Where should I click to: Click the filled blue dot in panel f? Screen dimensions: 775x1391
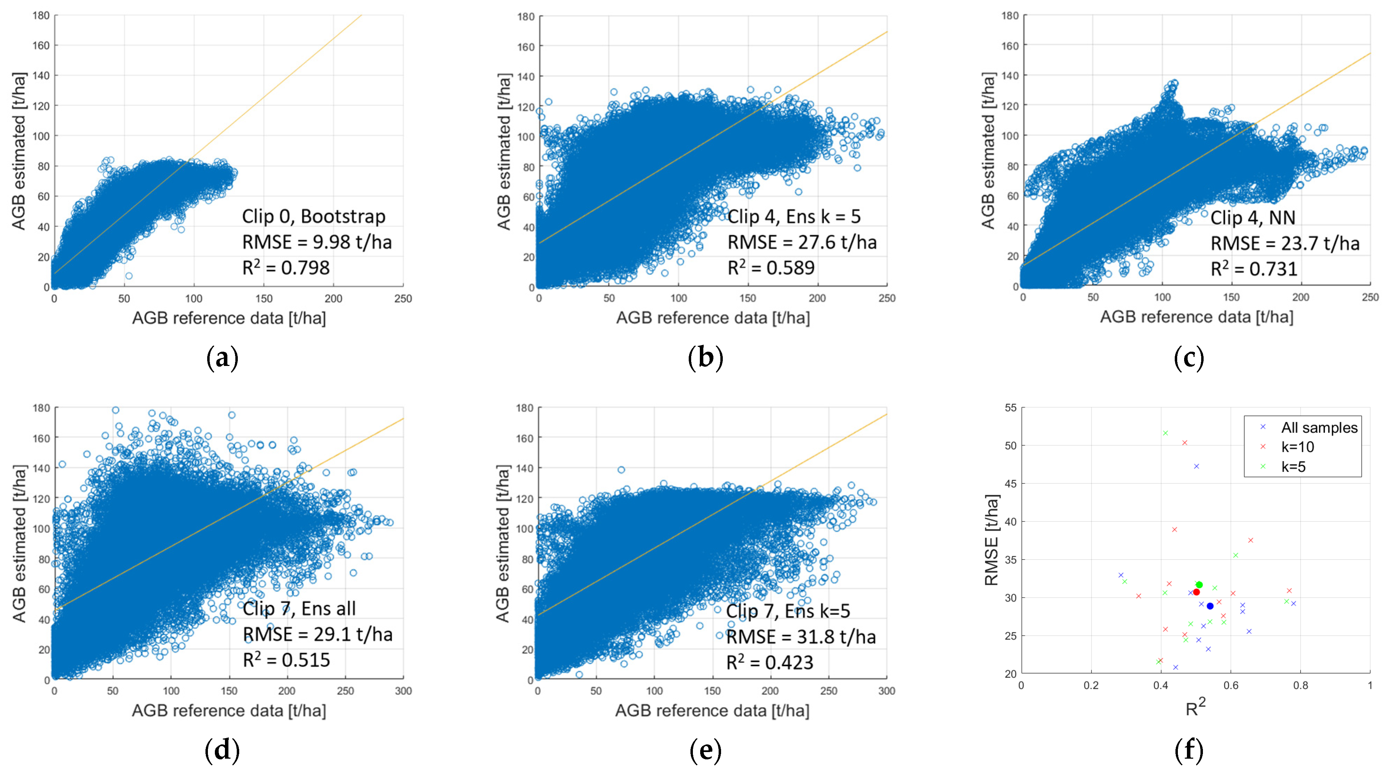point(1210,606)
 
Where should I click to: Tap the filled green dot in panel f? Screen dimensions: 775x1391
point(1199,585)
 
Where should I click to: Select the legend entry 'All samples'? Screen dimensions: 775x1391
point(1319,427)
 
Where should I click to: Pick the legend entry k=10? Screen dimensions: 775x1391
point(1297,447)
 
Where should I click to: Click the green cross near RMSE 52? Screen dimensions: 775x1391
point(1165,433)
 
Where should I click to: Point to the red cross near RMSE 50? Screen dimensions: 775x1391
point(1185,442)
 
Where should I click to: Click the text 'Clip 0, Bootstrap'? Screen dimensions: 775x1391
point(313,217)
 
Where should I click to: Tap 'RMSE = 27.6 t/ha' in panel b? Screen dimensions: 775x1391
point(802,242)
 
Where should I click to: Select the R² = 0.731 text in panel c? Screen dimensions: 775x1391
point(1254,269)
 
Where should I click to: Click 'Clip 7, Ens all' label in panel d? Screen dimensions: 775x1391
point(299,608)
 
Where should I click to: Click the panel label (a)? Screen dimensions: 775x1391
point(222,358)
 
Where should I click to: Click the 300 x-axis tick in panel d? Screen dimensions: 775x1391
point(403,691)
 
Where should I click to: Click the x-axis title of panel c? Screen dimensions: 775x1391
point(1197,317)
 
